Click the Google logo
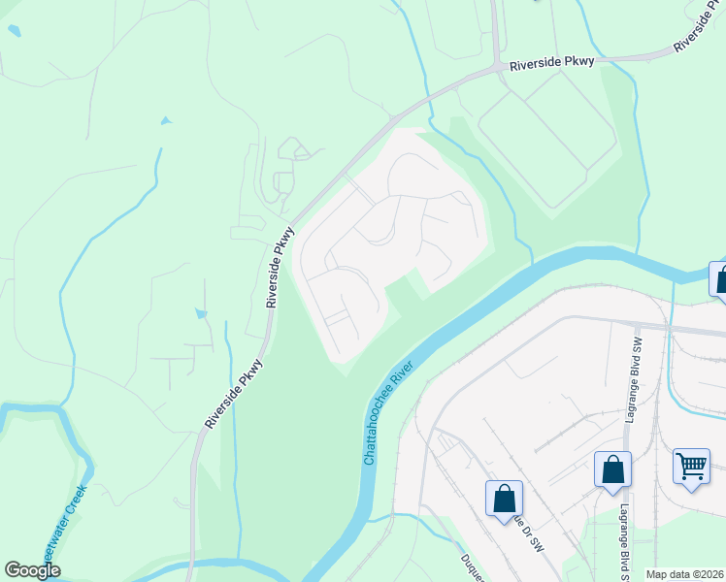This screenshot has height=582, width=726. [x=32, y=570]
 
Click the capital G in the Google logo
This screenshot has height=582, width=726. [x=13, y=570]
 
